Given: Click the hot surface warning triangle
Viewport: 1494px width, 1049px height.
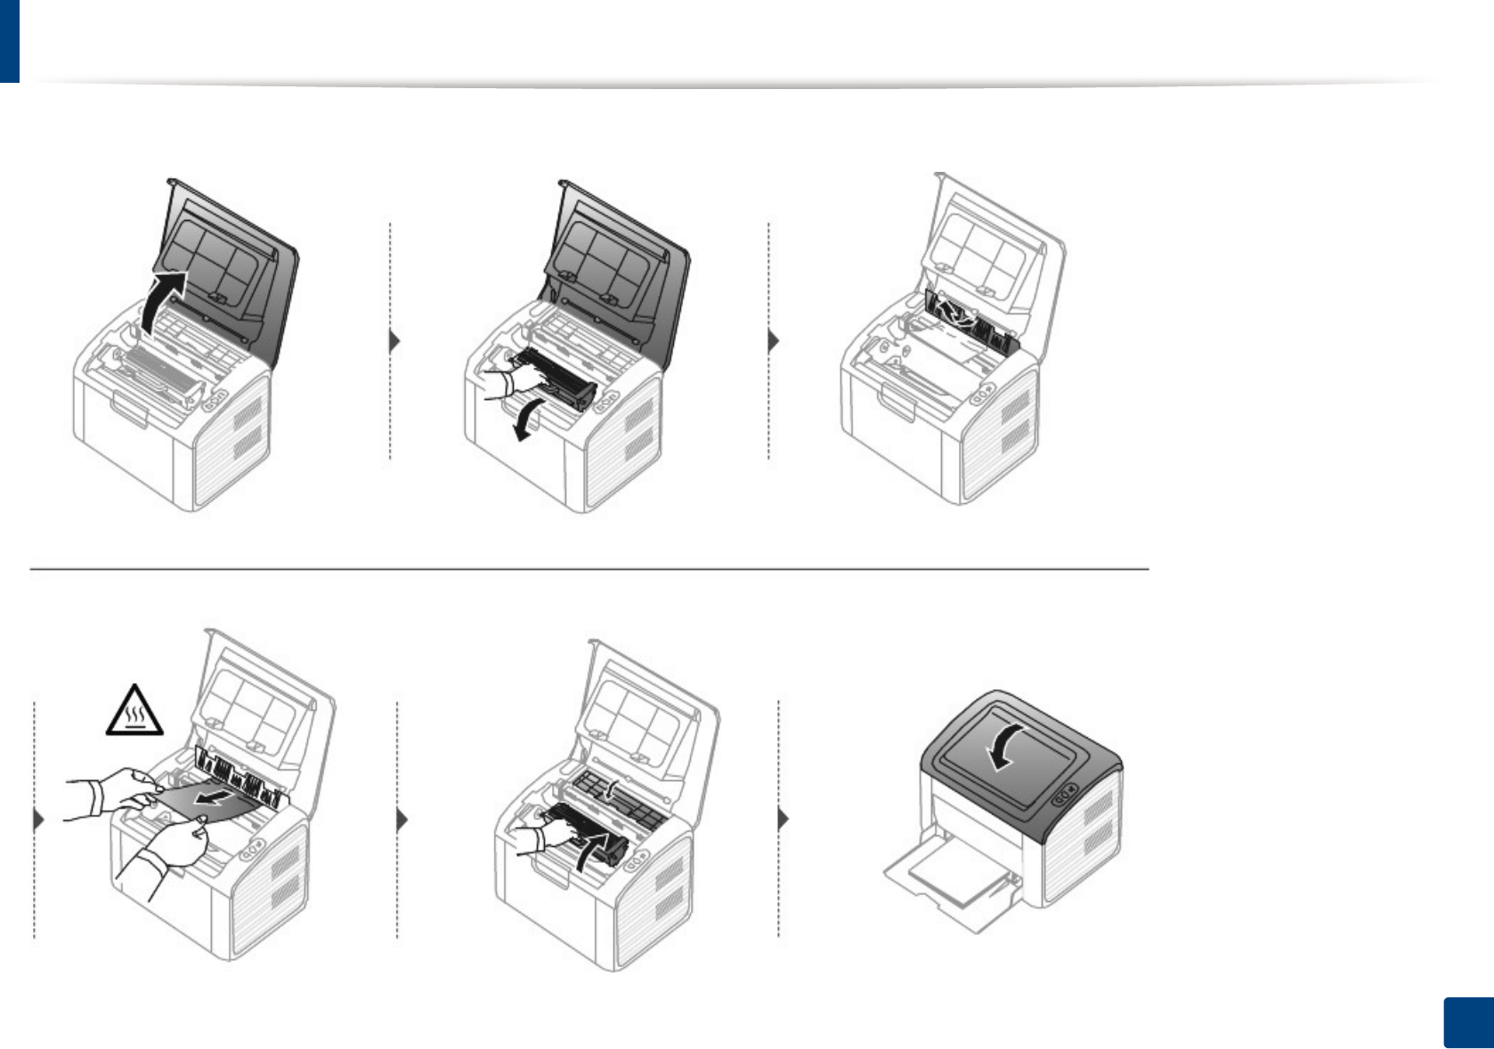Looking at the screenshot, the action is (134, 712).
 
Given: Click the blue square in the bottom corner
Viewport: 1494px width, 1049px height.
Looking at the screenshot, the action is (1467, 1023).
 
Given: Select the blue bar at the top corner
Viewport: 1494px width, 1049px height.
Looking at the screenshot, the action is (9, 40).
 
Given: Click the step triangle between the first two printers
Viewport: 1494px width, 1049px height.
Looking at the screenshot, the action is (394, 341).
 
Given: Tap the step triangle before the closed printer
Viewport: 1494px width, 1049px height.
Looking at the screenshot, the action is (784, 818).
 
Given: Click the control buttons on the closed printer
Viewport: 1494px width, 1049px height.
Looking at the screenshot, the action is (1065, 793).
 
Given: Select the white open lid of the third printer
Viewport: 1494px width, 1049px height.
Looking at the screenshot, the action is (993, 245).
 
